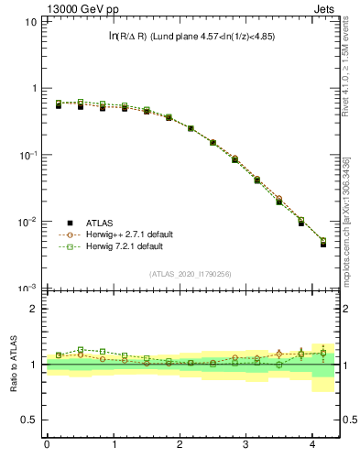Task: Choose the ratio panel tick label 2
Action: pos(33,309)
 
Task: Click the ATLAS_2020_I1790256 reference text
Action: pos(189,273)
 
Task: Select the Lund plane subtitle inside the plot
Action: pos(191,37)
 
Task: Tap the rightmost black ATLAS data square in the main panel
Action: pos(323,245)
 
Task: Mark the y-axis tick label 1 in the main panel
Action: pos(34,88)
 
